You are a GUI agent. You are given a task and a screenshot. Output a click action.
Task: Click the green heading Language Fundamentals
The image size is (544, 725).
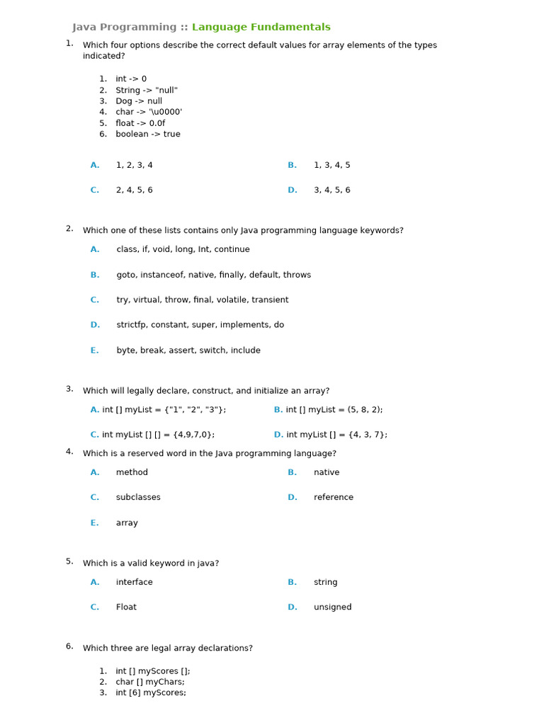click(x=261, y=28)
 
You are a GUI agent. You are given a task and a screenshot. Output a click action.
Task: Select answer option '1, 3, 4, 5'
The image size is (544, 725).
click(x=331, y=166)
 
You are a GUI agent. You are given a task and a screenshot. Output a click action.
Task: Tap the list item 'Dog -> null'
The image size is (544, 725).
click(x=139, y=101)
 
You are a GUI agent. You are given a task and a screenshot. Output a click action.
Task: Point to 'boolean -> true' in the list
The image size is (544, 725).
click(x=148, y=135)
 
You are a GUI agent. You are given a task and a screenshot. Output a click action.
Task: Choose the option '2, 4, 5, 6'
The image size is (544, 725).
click(x=134, y=190)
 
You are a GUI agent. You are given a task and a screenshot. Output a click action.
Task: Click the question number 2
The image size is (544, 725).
click(x=69, y=229)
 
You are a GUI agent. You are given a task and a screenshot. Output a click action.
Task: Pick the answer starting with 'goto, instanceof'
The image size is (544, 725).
click(x=213, y=275)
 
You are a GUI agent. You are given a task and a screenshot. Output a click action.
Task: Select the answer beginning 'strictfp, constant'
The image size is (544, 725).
click(x=200, y=325)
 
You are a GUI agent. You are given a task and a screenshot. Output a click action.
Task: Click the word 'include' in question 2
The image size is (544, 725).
click(x=244, y=350)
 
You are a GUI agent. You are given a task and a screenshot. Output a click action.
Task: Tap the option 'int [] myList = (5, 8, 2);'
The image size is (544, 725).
click(x=334, y=410)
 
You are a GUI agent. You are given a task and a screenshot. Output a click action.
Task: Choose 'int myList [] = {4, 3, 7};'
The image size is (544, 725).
click(x=336, y=435)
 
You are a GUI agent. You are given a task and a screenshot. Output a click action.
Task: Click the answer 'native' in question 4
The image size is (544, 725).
click(x=327, y=472)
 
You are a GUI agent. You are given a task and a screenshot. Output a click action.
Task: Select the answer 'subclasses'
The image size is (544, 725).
click(x=138, y=498)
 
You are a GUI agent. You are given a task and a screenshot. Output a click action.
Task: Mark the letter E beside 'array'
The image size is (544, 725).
click(x=94, y=523)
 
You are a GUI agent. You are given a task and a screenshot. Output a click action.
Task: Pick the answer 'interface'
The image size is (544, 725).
click(x=134, y=583)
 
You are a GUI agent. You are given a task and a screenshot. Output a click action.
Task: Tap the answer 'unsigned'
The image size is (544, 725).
click(x=332, y=607)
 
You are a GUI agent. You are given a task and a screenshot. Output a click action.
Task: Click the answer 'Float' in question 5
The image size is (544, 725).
click(x=126, y=607)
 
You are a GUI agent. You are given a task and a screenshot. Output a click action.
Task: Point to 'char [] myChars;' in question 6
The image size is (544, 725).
click(x=149, y=683)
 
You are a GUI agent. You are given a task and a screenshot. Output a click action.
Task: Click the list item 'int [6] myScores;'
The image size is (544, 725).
click(x=151, y=693)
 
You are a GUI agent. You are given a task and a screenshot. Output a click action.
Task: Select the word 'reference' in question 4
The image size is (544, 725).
click(x=333, y=498)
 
